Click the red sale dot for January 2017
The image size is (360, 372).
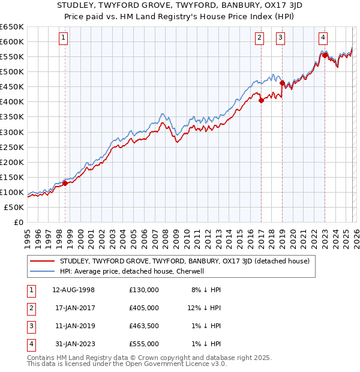pyautogui.click(x=261, y=100)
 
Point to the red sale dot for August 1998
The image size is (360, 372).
pyautogui.click(x=65, y=183)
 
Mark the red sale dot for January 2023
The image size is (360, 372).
pyautogui.click(x=325, y=55)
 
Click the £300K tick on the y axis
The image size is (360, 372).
pyautogui.click(x=12, y=132)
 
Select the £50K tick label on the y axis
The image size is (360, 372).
pyautogui.click(x=14, y=207)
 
